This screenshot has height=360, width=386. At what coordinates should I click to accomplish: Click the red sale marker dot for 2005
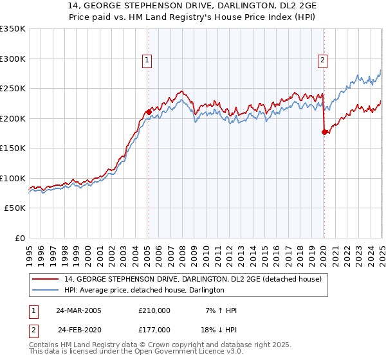[149, 112]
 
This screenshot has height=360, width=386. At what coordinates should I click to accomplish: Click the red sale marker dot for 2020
[324, 132]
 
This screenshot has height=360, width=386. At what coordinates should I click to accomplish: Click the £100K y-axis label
[13, 178]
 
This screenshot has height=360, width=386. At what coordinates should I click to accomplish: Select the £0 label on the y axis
[19, 238]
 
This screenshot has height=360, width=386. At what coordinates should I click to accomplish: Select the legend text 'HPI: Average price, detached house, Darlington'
[143, 290]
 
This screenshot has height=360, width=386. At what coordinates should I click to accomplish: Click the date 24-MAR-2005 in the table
[78, 310]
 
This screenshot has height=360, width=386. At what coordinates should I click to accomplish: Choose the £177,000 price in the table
[154, 329]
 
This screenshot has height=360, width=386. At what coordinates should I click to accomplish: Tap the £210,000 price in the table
[154, 310]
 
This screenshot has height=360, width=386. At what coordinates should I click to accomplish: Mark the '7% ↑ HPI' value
[220, 310]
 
